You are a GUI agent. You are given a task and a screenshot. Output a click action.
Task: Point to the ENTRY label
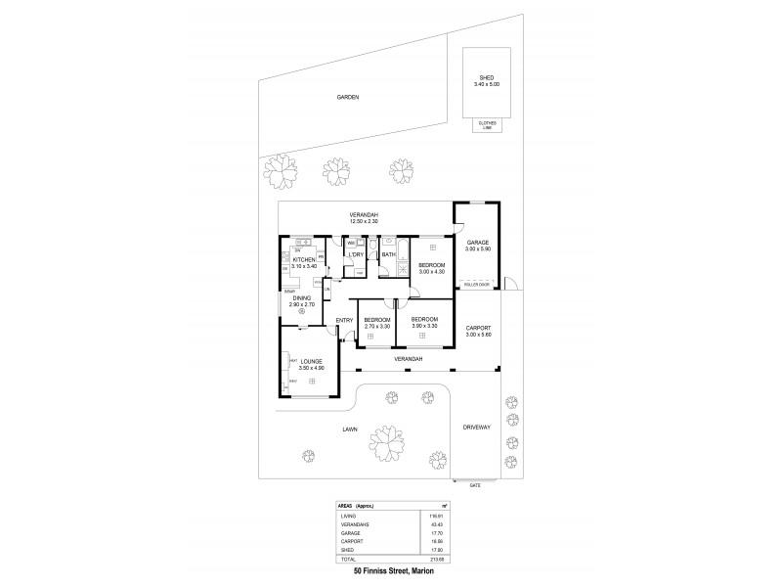(344, 321)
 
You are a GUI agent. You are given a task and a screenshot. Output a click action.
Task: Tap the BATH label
(388, 255)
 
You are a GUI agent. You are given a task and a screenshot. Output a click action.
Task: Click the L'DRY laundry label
(357, 255)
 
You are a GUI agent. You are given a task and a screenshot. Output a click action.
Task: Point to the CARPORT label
(478, 330)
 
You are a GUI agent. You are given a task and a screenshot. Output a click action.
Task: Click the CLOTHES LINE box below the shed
(486, 124)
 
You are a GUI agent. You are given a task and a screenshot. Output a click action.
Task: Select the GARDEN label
(348, 98)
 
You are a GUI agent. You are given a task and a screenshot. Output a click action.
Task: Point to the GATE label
(475, 484)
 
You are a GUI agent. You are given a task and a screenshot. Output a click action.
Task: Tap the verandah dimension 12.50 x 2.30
(364, 222)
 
